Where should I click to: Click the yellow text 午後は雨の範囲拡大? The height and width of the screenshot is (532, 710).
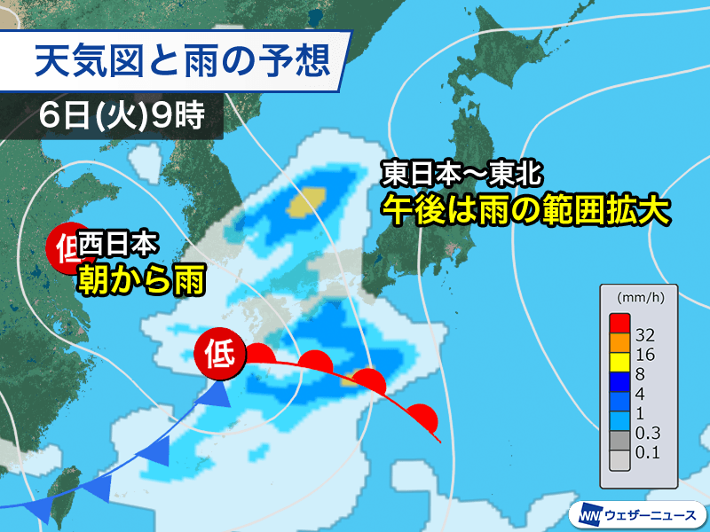coord(525,209)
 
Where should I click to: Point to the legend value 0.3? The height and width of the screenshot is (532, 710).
coord(649,435)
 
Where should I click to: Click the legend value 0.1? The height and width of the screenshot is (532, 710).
coord(649,455)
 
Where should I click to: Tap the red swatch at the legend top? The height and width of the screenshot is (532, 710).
coord(619,320)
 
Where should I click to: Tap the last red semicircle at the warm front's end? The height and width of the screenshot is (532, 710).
coord(426,416)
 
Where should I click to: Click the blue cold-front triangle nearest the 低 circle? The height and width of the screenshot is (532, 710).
coord(214,395)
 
